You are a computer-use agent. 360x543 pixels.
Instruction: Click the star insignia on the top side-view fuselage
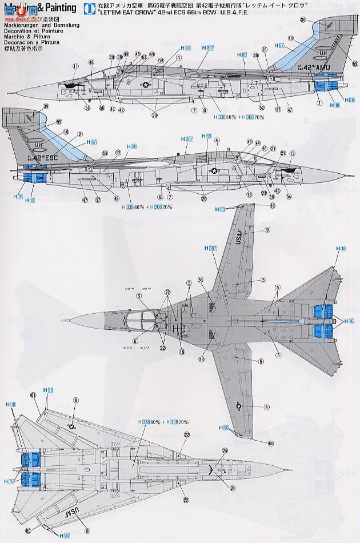(x=145, y=86)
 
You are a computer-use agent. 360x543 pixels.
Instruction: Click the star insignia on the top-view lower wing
(x=239, y=406)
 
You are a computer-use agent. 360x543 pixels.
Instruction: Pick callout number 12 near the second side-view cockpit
(x=293, y=153)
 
